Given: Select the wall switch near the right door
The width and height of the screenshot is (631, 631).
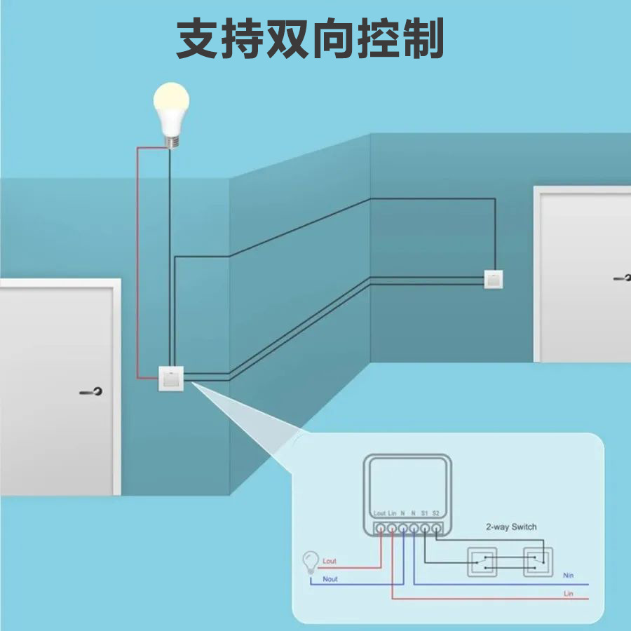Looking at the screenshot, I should (494, 279).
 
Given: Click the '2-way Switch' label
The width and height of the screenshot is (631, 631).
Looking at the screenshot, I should (511, 527).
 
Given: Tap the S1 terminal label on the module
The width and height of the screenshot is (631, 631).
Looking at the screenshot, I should (425, 514).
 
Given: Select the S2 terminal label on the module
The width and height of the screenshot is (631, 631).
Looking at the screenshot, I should (436, 514).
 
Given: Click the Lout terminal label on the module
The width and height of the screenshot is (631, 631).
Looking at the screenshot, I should (379, 514).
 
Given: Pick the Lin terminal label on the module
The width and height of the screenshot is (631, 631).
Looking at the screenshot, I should (392, 514).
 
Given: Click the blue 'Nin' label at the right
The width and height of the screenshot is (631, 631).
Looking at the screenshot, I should (568, 576).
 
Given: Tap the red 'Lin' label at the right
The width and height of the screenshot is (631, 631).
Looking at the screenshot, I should (568, 594).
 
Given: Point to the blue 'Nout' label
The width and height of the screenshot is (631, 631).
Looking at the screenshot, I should (330, 579).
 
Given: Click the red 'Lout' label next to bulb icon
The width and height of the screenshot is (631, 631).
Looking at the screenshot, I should (330, 562).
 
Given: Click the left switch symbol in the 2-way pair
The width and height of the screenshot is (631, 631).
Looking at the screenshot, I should (482, 562).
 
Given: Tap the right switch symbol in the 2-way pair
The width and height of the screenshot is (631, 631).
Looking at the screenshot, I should (538, 562).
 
